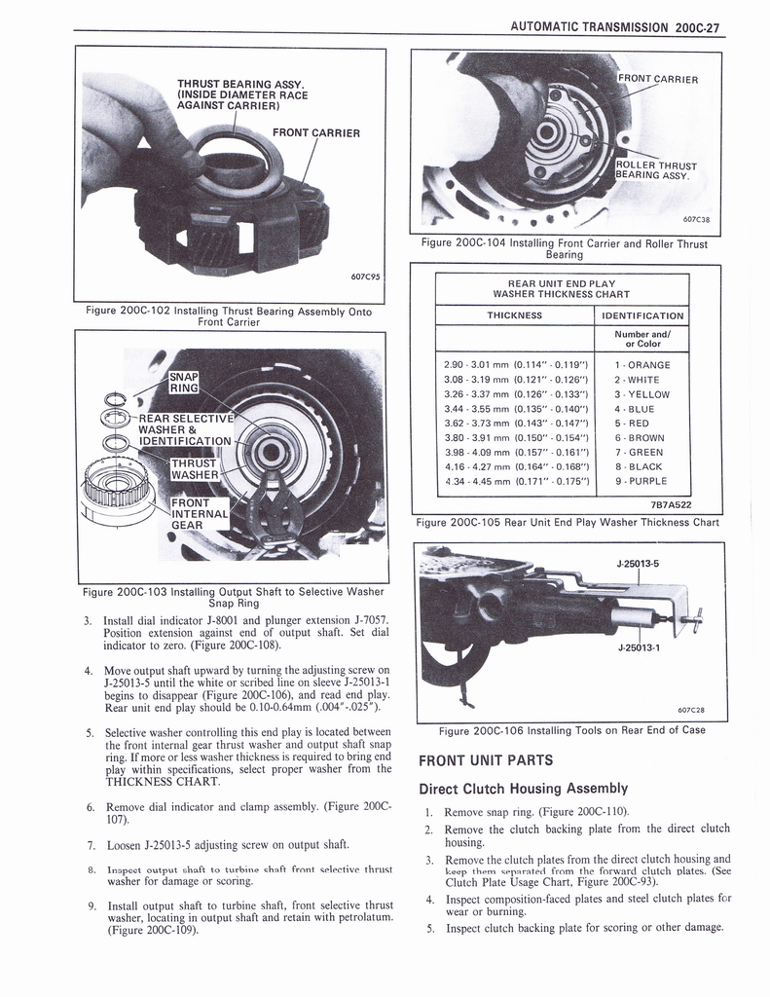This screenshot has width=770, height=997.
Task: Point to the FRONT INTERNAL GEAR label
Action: click(202, 513)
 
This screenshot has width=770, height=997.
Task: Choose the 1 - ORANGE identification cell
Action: click(642, 365)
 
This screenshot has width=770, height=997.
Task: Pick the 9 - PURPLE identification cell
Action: click(642, 481)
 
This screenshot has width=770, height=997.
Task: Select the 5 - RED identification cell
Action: click(642, 424)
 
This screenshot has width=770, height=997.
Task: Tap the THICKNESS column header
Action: click(514, 315)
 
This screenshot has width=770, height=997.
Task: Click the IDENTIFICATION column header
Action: click(642, 315)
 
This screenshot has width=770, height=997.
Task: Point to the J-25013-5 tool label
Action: click(638, 563)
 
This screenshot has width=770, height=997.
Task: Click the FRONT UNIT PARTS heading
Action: click(485, 760)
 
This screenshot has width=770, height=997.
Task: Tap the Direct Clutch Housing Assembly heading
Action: click(523, 789)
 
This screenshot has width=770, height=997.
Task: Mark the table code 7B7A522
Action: click(671, 504)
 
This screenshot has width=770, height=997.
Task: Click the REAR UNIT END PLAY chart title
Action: click(562, 288)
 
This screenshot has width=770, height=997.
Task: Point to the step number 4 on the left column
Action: click(88, 670)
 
